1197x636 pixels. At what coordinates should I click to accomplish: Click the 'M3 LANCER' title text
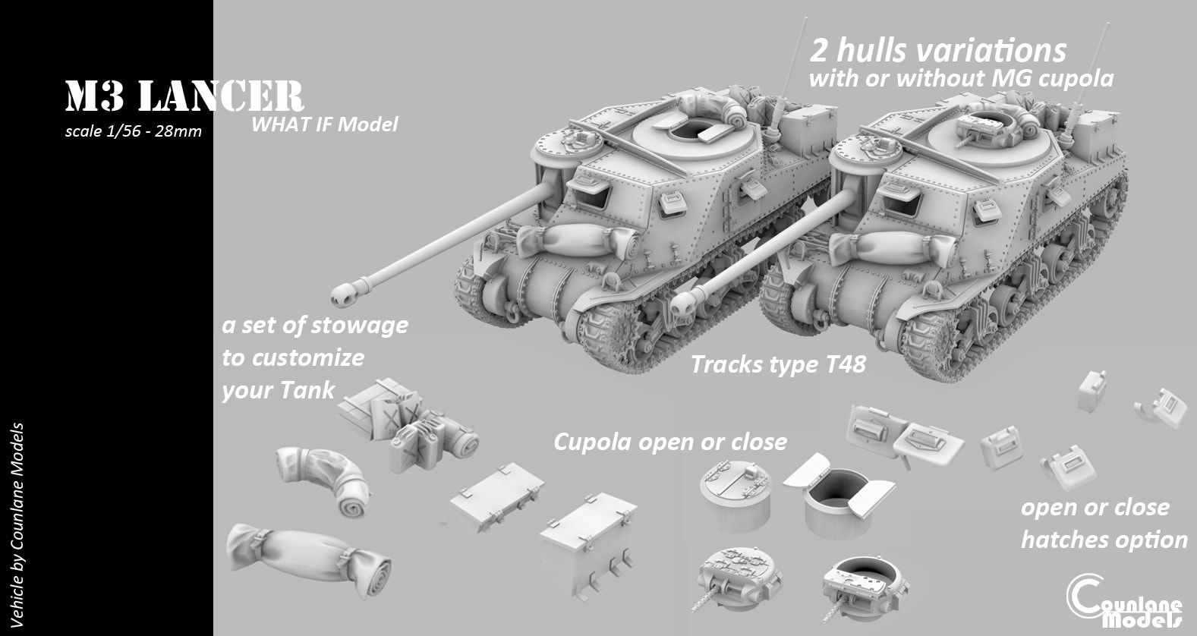point(184,99)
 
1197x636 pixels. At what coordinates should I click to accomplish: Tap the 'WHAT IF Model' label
point(324,124)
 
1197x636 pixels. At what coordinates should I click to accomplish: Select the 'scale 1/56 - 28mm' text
point(134,131)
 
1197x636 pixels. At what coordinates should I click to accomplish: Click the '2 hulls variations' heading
point(938,50)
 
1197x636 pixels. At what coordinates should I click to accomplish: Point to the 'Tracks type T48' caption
point(778,364)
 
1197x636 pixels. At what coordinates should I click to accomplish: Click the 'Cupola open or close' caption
point(669,442)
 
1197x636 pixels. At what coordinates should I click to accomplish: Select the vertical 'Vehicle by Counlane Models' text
point(17,525)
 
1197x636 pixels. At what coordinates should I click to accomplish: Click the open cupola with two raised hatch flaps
point(830,496)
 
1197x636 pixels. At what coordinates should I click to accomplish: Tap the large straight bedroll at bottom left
point(307,558)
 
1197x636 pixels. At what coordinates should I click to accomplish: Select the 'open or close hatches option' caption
point(1103,524)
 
